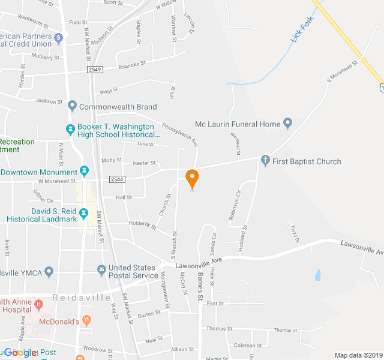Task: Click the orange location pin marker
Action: click(x=192, y=178)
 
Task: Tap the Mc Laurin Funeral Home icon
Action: click(x=287, y=124)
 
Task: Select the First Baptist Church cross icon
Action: click(x=265, y=161)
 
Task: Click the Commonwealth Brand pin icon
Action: click(x=72, y=107)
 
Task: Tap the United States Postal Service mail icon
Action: click(x=101, y=271)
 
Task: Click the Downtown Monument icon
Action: click(x=84, y=172)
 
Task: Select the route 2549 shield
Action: click(x=95, y=70)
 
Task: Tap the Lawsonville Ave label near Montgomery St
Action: click(x=199, y=262)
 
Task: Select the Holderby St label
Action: click(x=142, y=226)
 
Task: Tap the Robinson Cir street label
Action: click(x=233, y=205)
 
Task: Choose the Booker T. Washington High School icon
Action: click(x=70, y=128)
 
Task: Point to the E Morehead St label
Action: click(x=342, y=71)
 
